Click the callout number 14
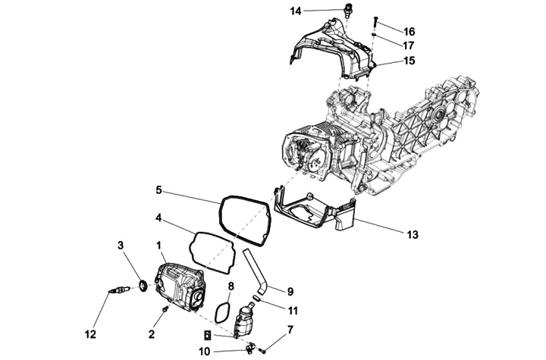[x=295, y=11]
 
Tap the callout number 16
[x=409, y=32]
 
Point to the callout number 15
[x=409, y=61]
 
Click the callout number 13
[x=412, y=235]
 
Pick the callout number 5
[x=158, y=189]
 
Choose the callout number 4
[x=158, y=218]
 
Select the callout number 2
[x=152, y=333]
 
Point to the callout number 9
[x=290, y=290]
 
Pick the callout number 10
[x=204, y=351]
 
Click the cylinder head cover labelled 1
[x=178, y=284]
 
